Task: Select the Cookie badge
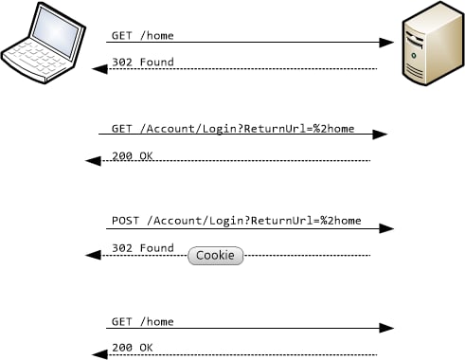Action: point(215,256)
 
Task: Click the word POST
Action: point(125,221)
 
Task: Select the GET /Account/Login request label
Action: point(233,128)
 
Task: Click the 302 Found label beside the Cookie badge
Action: point(143,248)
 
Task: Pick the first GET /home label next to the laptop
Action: point(143,36)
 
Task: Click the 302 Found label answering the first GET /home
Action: point(143,63)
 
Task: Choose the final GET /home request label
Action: point(143,321)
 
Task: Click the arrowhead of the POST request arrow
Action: point(386,228)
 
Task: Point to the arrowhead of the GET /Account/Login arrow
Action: point(380,135)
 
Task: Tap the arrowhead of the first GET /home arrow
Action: point(386,43)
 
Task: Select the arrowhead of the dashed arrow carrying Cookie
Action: point(93,256)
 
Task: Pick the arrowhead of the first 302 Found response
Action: point(98,69)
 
